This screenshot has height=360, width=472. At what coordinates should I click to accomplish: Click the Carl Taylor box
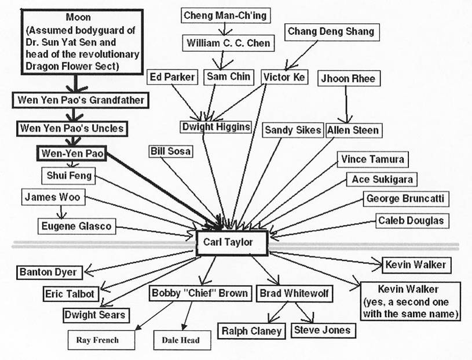pyautogui.click(x=232, y=242)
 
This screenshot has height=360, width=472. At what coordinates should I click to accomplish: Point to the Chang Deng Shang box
pyautogui.click(x=331, y=31)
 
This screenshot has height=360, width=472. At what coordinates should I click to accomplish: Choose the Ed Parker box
pyautogui.click(x=173, y=77)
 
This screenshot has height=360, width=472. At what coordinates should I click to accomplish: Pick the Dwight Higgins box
pyautogui.click(x=217, y=127)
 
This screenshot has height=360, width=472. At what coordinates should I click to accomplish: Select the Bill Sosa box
pyautogui.click(x=170, y=151)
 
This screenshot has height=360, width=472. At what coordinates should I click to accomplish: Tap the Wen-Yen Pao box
pyautogui.click(x=72, y=154)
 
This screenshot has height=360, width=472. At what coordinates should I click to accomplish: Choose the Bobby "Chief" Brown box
pyautogui.click(x=200, y=293)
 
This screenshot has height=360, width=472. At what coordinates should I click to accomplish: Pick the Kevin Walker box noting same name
pyautogui.click(x=409, y=301)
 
